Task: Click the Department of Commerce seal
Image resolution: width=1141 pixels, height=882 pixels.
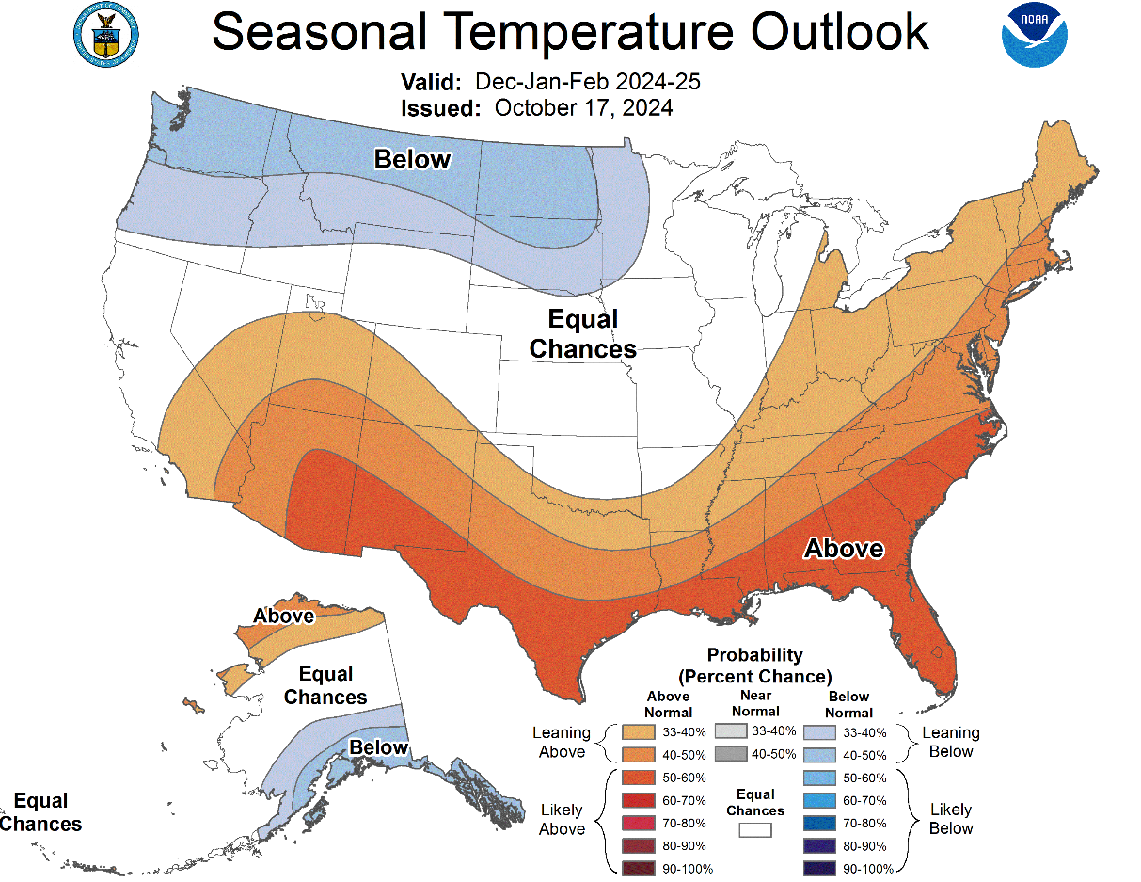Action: pos(104,33)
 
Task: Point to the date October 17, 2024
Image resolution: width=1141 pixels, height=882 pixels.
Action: pos(583,107)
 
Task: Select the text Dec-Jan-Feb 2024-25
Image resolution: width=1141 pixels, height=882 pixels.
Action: pos(587,81)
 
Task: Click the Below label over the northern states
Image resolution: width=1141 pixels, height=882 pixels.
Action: pos(412,159)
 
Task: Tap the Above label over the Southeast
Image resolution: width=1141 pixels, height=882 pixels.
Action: pos(843,548)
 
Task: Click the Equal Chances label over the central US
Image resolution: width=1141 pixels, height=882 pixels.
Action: pos(582,334)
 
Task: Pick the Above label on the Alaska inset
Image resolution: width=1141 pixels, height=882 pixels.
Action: pos(283,616)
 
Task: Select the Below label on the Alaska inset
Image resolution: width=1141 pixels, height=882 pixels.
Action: pos(379,747)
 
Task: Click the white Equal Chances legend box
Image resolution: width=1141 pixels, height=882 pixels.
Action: pos(754,830)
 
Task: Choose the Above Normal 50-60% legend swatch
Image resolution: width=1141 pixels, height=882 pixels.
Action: pos(638,778)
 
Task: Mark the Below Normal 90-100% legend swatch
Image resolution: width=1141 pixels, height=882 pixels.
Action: pos(819,868)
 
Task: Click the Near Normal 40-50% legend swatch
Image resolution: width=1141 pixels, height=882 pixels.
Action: pos(729,754)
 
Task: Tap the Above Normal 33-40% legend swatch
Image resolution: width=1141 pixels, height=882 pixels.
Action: pos(638,731)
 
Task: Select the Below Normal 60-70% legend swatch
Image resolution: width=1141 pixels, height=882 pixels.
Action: pos(819,800)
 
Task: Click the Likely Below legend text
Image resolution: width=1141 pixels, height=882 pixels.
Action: pos(950,819)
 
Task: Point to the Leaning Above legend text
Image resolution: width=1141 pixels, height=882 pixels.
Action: pos(562,742)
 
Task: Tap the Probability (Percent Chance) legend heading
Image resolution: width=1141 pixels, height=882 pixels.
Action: pos(754,666)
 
